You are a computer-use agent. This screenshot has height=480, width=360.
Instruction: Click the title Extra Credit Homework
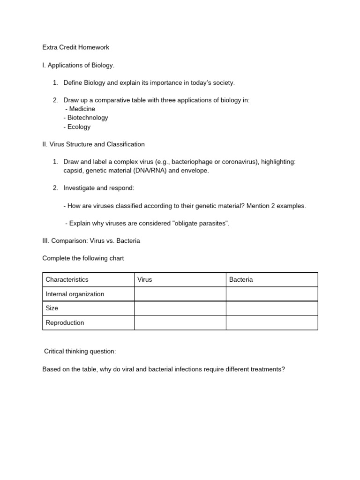[x=75, y=47]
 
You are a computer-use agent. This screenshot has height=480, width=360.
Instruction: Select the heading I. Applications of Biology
[x=78, y=65]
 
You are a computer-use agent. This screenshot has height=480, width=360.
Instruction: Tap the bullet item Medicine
[x=82, y=109]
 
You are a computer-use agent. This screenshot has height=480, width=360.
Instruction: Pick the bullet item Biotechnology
[x=87, y=118]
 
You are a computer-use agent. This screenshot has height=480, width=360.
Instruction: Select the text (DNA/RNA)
[x=150, y=171]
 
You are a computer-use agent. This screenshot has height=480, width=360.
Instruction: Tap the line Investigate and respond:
[x=99, y=188]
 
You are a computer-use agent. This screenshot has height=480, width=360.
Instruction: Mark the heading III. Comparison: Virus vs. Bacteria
[x=91, y=241]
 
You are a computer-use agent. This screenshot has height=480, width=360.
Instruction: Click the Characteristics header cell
[x=67, y=279]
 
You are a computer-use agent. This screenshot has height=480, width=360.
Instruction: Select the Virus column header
[x=145, y=279]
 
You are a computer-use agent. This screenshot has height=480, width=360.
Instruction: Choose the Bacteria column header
[x=241, y=279]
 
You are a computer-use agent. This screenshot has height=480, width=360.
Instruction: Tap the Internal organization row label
[x=75, y=294]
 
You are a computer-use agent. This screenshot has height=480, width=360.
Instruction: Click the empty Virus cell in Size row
[x=180, y=308]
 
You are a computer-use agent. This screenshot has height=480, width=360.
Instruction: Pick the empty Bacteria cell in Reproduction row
[x=272, y=323]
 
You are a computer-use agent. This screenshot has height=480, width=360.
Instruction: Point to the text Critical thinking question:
[x=80, y=351]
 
